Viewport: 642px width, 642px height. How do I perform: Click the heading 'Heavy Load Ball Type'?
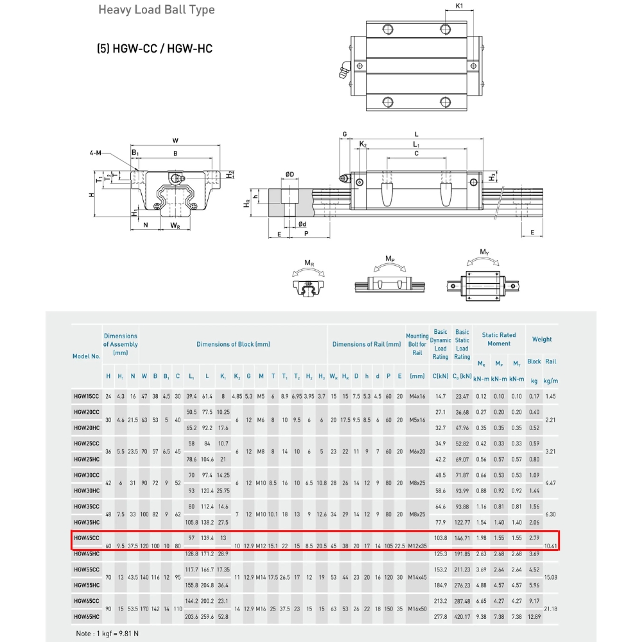[x=156, y=10]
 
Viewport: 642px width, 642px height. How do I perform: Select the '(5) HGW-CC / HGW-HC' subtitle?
[x=154, y=48]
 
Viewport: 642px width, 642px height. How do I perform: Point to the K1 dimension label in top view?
[x=460, y=6]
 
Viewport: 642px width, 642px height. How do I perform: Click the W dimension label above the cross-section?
[x=175, y=141]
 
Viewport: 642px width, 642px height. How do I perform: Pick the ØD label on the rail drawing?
[x=290, y=175]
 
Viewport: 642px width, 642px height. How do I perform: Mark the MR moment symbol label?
[x=309, y=263]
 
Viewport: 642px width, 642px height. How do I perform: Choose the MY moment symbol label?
[x=485, y=252]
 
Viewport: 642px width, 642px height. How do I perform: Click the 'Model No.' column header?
[x=87, y=356]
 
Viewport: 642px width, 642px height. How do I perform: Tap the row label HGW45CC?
[x=87, y=538]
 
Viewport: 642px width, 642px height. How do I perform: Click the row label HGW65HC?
[x=87, y=616]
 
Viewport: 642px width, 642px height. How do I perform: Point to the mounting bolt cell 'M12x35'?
[x=417, y=546]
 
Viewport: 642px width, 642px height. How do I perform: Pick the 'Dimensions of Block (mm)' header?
[x=233, y=344]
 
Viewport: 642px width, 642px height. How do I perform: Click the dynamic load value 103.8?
[x=440, y=538]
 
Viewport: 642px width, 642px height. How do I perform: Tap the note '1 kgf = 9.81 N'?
[x=108, y=634]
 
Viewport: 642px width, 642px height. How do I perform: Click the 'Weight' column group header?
[x=542, y=340]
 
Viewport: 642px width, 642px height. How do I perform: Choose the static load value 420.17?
[x=462, y=616]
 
